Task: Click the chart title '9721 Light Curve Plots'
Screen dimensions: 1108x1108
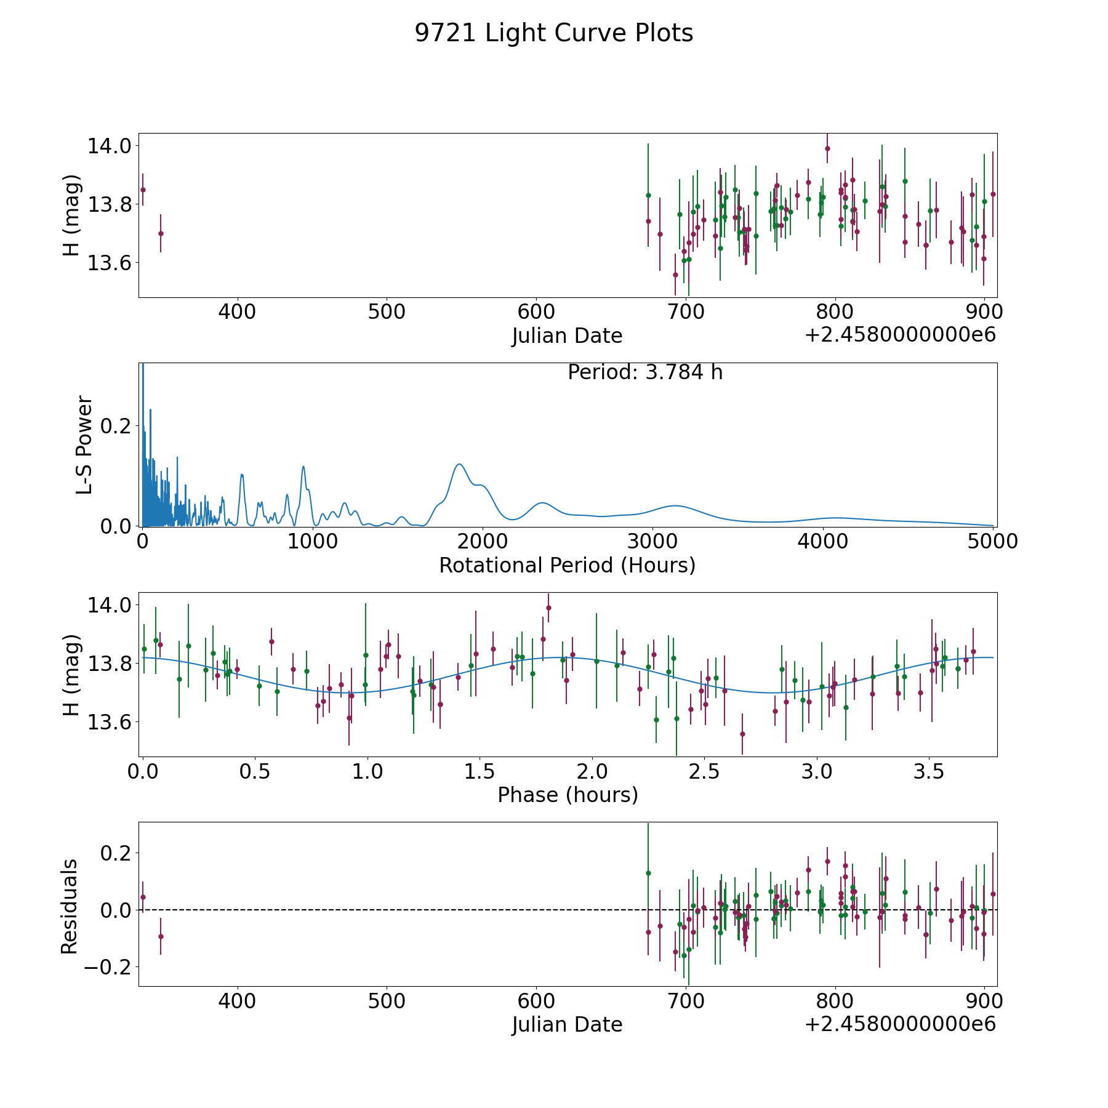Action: [x=554, y=33]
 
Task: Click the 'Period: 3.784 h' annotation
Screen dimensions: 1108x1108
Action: [x=645, y=372]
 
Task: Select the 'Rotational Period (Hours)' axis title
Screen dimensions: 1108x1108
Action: [x=568, y=565]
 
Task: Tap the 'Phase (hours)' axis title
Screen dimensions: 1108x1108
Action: [x=568, y=795]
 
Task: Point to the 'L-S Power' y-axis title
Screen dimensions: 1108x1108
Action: [x=85, y=445]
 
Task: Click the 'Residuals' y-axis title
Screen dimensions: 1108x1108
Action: [x=70, y=906]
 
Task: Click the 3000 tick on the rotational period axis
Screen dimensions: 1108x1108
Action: [x=652, y=542]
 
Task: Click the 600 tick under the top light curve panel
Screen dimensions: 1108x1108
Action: [x=536, y=312]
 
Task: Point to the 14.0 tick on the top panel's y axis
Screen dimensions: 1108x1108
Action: [x=110, y=146]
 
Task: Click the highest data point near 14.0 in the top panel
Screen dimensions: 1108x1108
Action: [x=827, y=148]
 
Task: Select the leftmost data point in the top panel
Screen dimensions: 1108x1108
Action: [x=143, y=190]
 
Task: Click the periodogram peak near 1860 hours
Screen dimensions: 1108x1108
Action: [x=459, y=464]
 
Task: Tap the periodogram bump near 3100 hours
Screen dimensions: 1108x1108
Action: [x=675, y=505]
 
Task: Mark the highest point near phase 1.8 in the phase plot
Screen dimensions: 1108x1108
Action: [x=548, y=608]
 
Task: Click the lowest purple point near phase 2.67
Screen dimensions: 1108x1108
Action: [x=742, y=734]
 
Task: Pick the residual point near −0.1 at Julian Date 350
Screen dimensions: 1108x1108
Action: [x=161, y=936]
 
